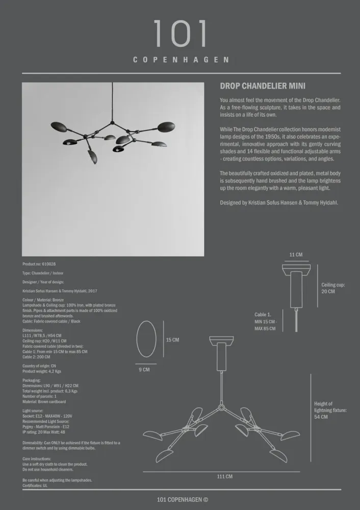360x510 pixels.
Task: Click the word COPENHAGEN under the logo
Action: click(x=181, y=60)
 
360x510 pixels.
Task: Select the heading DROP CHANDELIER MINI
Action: click(x=263, y=87)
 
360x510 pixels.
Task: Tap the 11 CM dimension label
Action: click(x=296, y=254)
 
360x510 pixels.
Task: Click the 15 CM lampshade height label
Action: click(x=172, y=340)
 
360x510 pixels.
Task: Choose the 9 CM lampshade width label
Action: click(x=144, y=370)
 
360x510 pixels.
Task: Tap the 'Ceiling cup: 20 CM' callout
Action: click(x=332, y=288)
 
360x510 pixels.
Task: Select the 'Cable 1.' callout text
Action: click(x=263, y=315)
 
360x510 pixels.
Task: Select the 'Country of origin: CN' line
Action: click(x=39, y=366)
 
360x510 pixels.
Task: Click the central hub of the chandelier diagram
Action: click(x=220, y=408)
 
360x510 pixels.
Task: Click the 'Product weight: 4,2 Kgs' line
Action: click(x=42, y=372)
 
